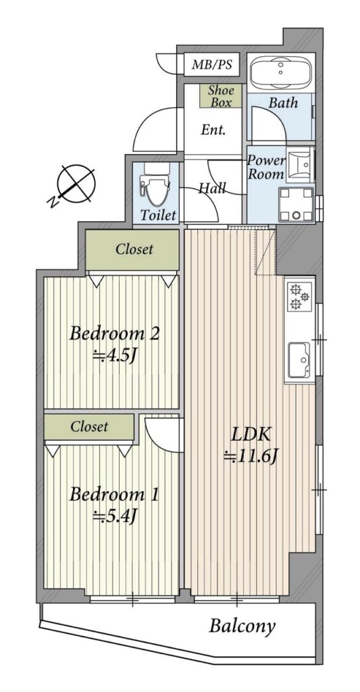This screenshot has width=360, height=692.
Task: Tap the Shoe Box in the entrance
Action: click(x=220, y=96)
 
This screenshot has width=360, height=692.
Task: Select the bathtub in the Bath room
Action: click(x=281, y=71)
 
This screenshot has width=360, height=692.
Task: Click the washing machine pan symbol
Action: click(x=296, y=204)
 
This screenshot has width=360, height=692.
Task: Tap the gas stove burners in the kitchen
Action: click(x=300, y=296)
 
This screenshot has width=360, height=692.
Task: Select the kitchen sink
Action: click(x=300, y=360)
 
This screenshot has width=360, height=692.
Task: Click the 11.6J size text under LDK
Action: click(x=250, y=458)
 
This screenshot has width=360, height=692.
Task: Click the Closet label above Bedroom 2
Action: click(x=134, y=249)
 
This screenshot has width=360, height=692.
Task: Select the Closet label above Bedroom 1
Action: click(x=89, y=427)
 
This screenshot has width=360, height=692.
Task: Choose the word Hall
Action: click(x=212, y=189)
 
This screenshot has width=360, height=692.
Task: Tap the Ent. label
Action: click(x=213, y=130)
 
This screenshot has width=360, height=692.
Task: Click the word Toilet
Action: click(x=159, y=216)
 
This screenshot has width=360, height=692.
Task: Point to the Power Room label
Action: click(x=265, y=167)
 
